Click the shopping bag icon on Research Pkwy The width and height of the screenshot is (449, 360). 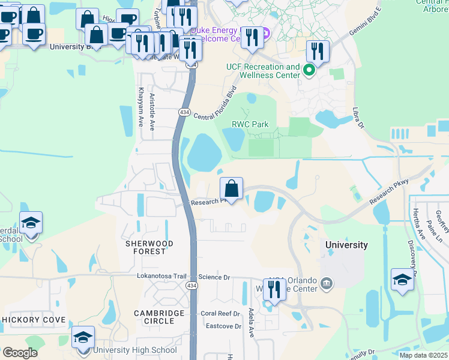click(231, 190)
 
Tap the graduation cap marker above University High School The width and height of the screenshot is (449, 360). click(83, 338)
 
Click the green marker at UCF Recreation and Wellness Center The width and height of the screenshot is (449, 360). click(310, 71)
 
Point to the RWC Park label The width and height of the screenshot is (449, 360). click(250, 124)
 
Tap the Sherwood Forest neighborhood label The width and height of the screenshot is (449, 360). click(149, 247)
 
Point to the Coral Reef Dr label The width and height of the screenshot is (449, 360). click(220, 313)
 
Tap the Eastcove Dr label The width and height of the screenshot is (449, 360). click(223, 326)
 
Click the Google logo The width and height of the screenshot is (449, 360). click(19, 353)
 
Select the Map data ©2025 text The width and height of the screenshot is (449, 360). click(423, 355)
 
